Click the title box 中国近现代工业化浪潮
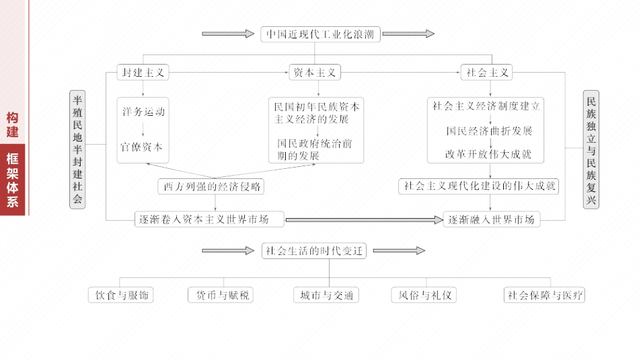tap(320, 34)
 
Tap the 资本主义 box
tap(314, 73)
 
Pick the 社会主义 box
tap(487, 73)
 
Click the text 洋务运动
tap(143, 112)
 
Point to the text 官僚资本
tap(143, 146)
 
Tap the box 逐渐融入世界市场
tap(492, 219)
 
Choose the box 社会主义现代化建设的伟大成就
tap(480, 186)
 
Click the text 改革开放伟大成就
tap(488, 154)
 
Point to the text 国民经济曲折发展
tap(489, 131)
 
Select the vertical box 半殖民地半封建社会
tap(78, 149)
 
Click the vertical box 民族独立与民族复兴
tap(591, 149)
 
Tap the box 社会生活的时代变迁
tap(314, 251)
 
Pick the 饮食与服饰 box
tap(121, 295)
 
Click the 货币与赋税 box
tap(221, 295)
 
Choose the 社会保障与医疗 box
tap(545, 295)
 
